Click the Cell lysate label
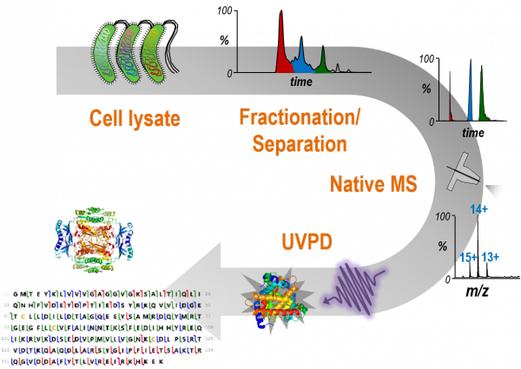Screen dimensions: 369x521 click(x=135, y=118)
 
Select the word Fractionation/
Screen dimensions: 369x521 click(x=300, y=117)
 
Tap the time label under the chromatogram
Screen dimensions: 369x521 click(x=301, y=81)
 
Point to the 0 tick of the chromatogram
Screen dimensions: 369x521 click(x=230, y=75)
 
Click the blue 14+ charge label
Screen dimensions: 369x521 click(x=478, y=210)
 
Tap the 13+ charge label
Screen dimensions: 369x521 click(x=493, y=257)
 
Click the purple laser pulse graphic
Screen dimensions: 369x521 click(x=354, y=281)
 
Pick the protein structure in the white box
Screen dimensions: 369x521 click(x=94, y=234)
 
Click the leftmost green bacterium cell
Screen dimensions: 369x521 click(x=106, y=56)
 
